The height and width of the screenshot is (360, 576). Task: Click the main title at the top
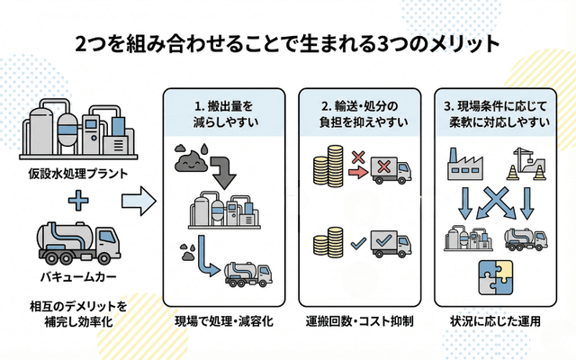click(288, 43)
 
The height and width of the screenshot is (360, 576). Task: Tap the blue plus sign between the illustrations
click(76, 200)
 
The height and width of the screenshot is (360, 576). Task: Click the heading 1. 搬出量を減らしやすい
click(223, 112)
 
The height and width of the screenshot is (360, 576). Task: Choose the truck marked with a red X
click(390, 169)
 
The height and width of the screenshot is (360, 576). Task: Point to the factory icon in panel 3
click(466, 162)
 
